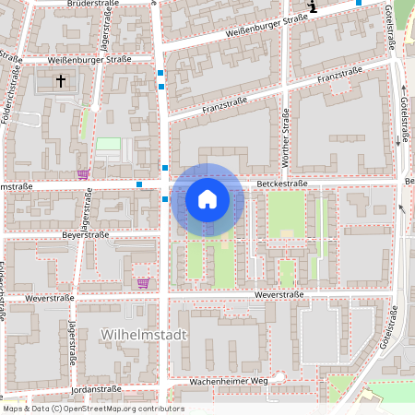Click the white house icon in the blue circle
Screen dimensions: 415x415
coord(207,198)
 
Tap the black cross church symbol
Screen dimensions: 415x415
coord(63,81)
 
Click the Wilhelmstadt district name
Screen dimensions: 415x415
coord(144,335)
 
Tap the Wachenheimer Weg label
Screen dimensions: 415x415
coord(228,380)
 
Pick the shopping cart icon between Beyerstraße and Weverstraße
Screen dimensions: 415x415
coord(142,283)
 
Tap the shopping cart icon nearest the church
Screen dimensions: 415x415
coord(83,173)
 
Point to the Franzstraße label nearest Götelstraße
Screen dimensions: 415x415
coord(338,75)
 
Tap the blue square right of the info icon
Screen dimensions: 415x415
coord(359,3)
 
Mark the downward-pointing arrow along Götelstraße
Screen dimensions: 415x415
coord(399,140)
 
